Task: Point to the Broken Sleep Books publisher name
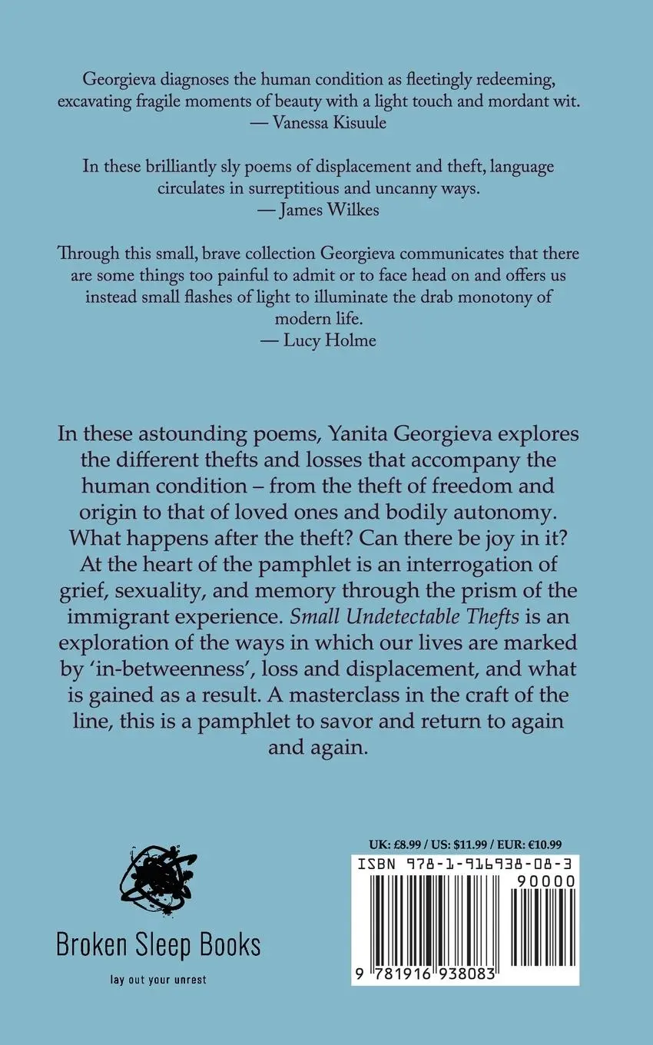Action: pos(158,944)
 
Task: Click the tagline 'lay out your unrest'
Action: pos(157,980)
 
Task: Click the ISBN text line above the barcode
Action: pos(464,864)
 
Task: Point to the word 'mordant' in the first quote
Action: pos(474,102)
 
